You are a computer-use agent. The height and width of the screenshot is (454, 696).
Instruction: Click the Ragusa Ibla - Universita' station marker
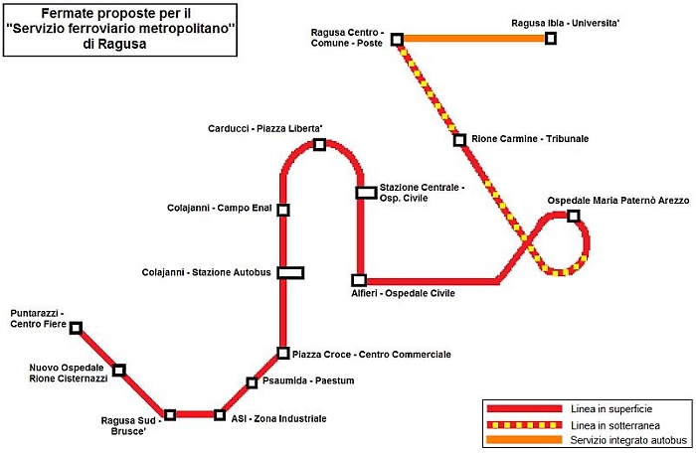[x=551, y=39]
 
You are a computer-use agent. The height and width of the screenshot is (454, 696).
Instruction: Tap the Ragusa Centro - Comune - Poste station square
[x=397, y=40]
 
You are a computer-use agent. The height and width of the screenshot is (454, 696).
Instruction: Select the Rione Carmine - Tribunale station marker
[x=459, y=140]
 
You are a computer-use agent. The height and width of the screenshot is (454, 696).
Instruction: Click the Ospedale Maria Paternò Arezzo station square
[x=573, y=216]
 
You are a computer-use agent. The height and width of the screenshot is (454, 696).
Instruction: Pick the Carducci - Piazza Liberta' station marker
[x=319, y=145]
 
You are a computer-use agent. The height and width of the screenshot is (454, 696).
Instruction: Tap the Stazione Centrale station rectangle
[x=366, y=192]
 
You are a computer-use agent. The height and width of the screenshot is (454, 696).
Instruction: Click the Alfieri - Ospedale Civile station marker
[x=359, y=280]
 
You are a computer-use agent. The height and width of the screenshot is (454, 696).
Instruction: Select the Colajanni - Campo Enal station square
[x=283, y=210]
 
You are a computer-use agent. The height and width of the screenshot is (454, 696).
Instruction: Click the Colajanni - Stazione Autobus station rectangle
[x=290, y=272]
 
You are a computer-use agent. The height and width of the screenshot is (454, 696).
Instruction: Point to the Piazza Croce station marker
[x=283, y=353]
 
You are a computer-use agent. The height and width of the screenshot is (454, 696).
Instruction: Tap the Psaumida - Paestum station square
[x=252, y=382]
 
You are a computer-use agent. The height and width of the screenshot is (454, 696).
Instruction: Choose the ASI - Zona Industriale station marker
[x=220, y=414]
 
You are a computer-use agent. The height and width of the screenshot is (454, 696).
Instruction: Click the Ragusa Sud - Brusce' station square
[x=170, y=414]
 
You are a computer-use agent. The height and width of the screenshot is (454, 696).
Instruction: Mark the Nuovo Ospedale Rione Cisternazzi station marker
[x=119, y=371]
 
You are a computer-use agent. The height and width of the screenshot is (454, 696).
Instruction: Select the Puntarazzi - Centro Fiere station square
[x=76, y=328]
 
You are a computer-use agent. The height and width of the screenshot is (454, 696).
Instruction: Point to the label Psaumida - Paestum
[x=308, y=380]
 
